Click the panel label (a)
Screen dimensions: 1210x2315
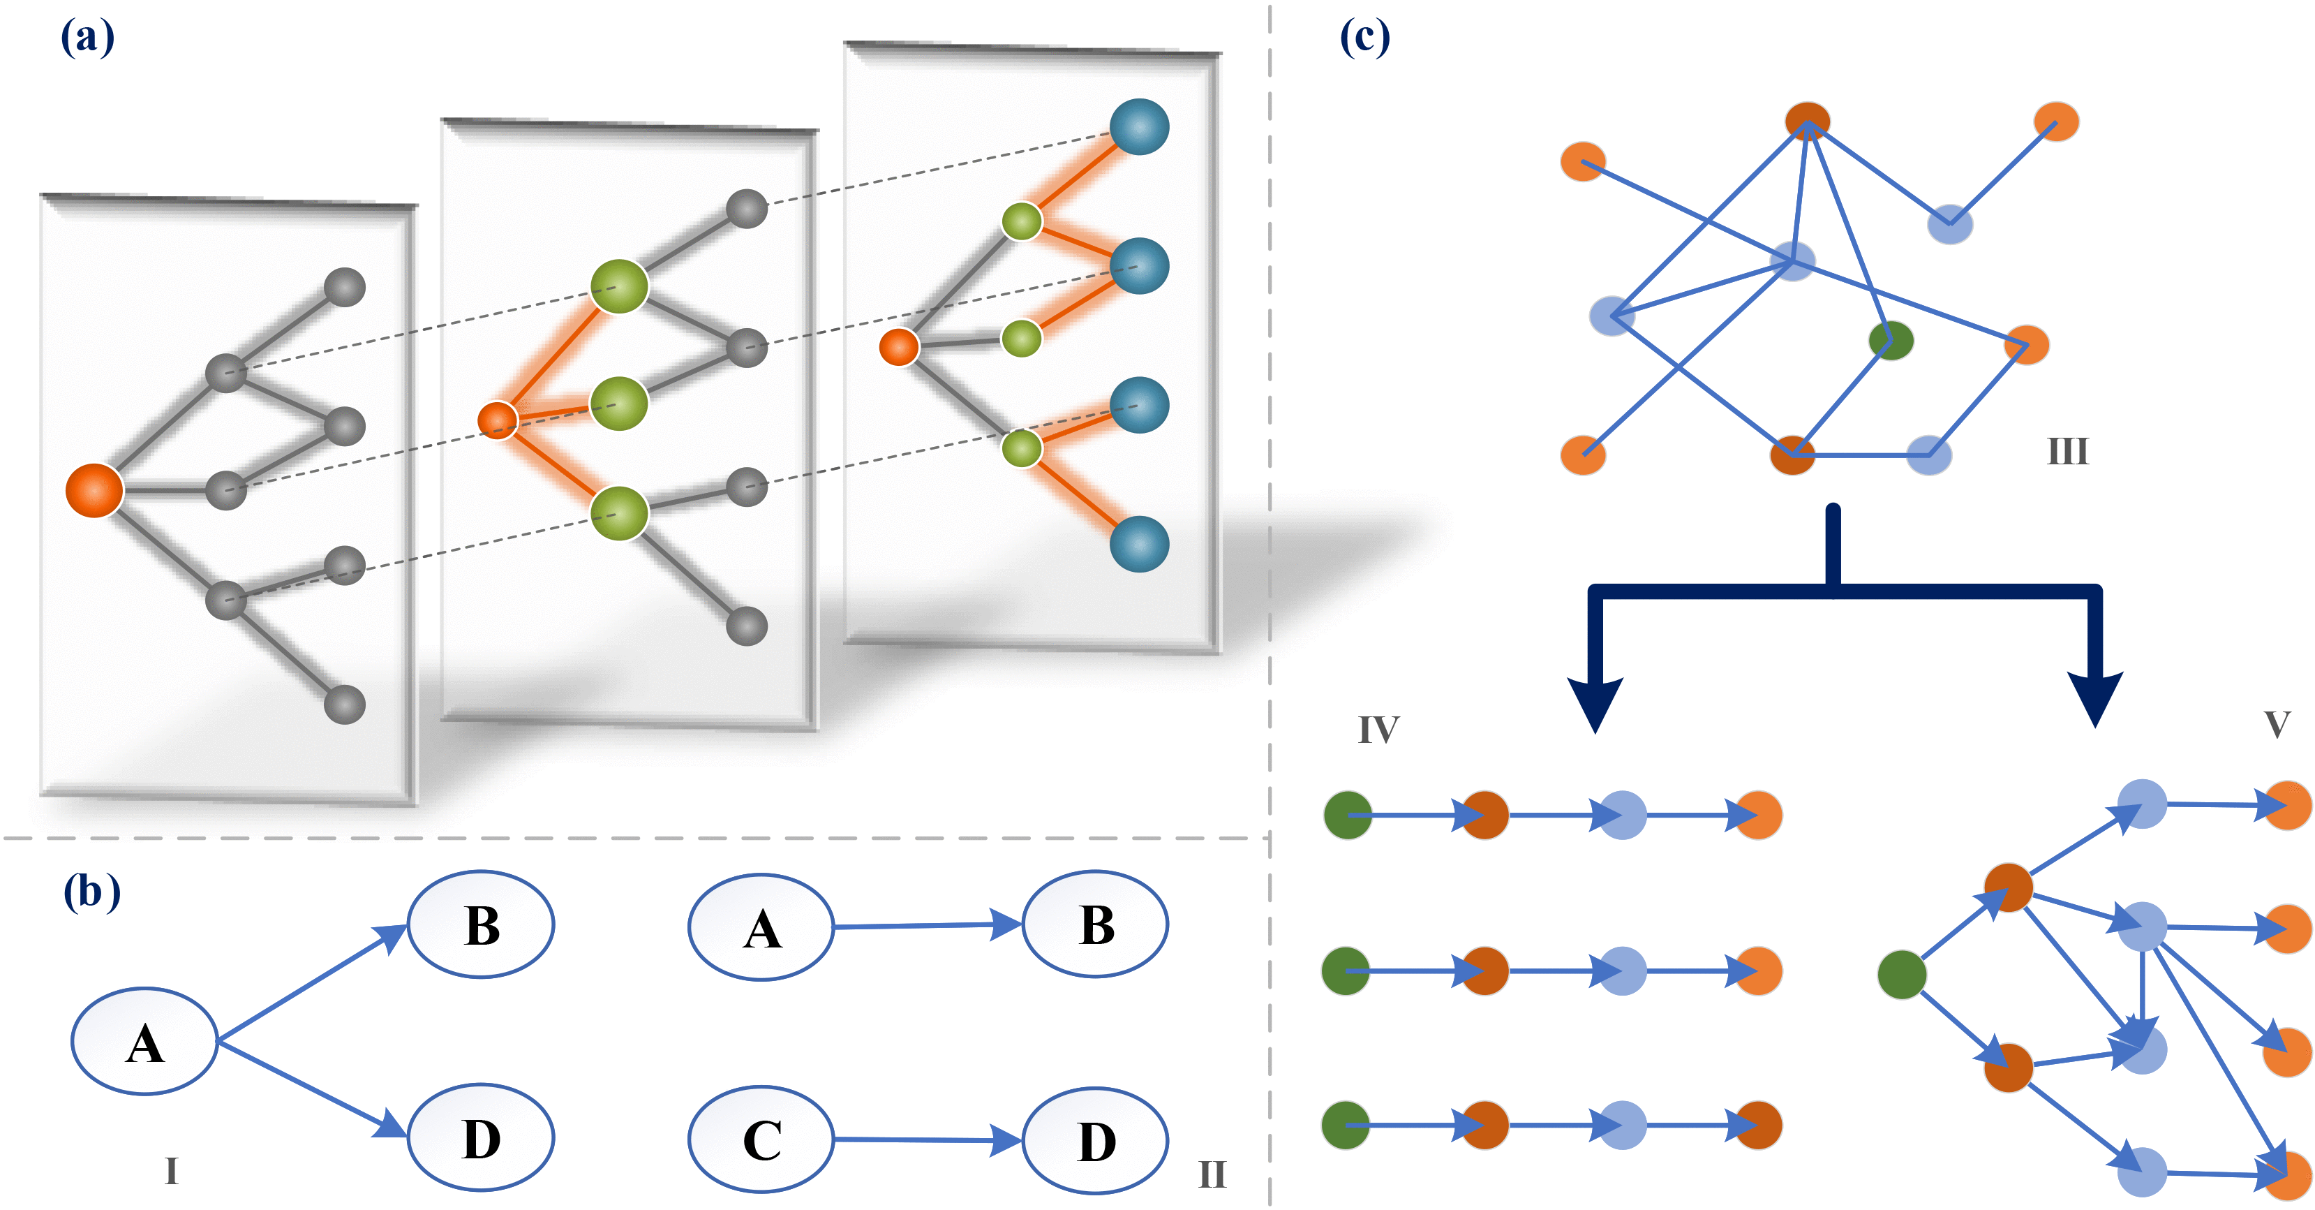[87, 38]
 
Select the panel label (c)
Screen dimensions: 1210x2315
[1364, 38]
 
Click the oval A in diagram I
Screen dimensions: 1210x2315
[144, 1042]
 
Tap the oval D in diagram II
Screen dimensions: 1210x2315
[1096, 1141]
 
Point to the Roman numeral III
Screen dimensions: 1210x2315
[2067, 451]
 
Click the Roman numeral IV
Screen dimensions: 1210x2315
[1378, 729]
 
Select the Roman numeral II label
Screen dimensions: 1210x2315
[1212, 1174]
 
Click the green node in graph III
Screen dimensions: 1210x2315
[1891, 341]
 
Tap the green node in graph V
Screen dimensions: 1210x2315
[1902, 975]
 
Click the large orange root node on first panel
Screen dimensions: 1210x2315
[94, 491]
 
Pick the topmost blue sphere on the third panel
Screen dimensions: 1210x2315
[1138, 127]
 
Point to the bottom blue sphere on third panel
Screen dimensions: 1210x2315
[1138, 544]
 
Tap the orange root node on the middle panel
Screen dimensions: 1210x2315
[497, 420]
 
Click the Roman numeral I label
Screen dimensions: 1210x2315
[171, 1170]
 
